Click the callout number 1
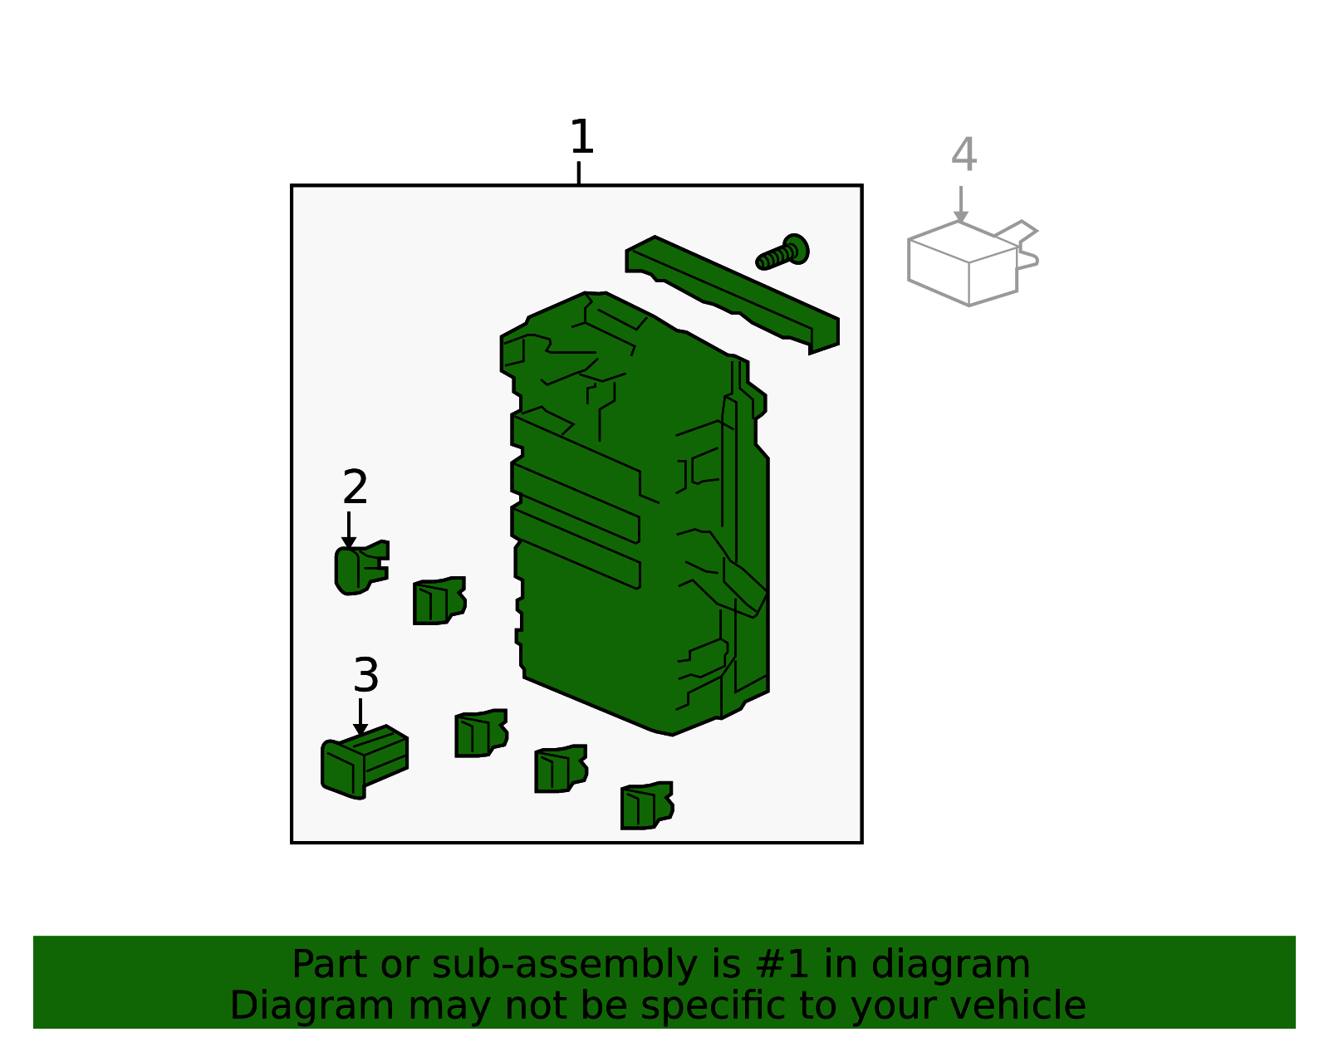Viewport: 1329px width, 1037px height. (x=581, y=137)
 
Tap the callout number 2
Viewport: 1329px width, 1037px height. (x=355, y=487)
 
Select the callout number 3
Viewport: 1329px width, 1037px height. (x=365, y=675)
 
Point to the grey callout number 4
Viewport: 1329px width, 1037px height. (x=964, y=155)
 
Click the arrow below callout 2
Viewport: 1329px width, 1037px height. (x=349, y=531)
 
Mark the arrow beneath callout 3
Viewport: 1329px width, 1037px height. (x=360, y=718)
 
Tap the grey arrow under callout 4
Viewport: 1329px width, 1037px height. (x=961, y=205)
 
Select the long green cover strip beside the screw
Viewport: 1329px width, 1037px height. (x=731, y=295)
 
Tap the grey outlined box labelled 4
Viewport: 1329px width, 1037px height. (x=964, y=264)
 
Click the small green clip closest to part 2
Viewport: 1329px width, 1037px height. (x=439, y=601)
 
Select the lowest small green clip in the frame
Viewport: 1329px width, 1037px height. (x=646, y=805)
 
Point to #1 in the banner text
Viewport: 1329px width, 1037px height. (x=782, y=965)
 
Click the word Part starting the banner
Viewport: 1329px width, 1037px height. (x=330, y=965)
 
